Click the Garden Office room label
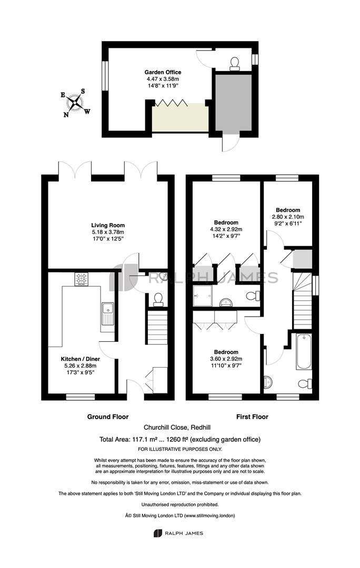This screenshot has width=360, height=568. click(163, 72)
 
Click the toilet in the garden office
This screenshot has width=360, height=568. click(235, 64)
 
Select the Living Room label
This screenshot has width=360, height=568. click(108, 225)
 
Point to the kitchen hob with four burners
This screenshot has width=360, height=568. click(81, 279)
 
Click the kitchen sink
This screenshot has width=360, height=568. click(108, 313)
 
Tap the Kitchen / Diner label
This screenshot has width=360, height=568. click(81, 359)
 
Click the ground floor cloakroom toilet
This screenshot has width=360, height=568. click(158, 300)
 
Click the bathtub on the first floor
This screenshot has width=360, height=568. click(304, 352)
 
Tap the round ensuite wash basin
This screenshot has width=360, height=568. click(226, 302)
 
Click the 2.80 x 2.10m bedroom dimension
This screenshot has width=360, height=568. click(288, 217)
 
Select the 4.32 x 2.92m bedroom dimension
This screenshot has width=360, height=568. click(226, 229)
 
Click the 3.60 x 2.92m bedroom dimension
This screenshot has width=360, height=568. click(226, 359)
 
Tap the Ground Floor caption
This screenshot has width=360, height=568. click(108, 417)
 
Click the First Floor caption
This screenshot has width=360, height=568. click(252, 417)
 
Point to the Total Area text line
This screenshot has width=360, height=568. click(180, 440)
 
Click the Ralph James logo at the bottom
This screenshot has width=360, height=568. click(178, 533)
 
